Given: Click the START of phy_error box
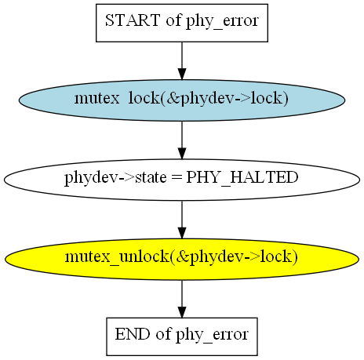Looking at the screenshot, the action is (182, 23).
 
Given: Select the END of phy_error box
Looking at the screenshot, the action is (182, 336).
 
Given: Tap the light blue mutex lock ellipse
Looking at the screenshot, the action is (182, 100).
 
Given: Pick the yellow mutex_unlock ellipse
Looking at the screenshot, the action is (182, 259).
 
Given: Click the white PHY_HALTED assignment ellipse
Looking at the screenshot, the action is (182, 180).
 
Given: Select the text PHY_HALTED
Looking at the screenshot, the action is (242, 178).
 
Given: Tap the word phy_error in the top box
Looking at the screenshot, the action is (222, 21).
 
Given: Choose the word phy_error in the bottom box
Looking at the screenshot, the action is (212, 335).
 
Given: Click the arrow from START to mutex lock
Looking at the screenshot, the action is (182, 60).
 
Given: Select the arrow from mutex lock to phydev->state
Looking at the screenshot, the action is (182, 140).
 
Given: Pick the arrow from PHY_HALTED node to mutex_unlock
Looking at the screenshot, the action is (182, 220).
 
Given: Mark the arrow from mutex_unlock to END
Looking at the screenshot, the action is (182, 299).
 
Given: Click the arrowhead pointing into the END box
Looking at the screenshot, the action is (182, 312).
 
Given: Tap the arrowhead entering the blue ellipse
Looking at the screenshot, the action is (182, 74).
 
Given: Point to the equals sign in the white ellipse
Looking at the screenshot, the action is (176, 177).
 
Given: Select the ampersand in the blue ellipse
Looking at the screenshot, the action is (173, 98).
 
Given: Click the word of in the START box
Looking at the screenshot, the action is (173, 20).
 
